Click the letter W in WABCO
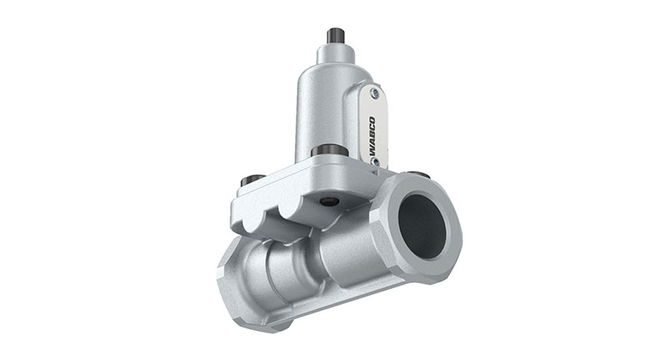point(372,152)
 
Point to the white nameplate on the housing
point(373,125)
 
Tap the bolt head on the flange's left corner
point(249,180)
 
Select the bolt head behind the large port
point(420,175)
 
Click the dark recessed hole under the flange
point(329,201)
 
